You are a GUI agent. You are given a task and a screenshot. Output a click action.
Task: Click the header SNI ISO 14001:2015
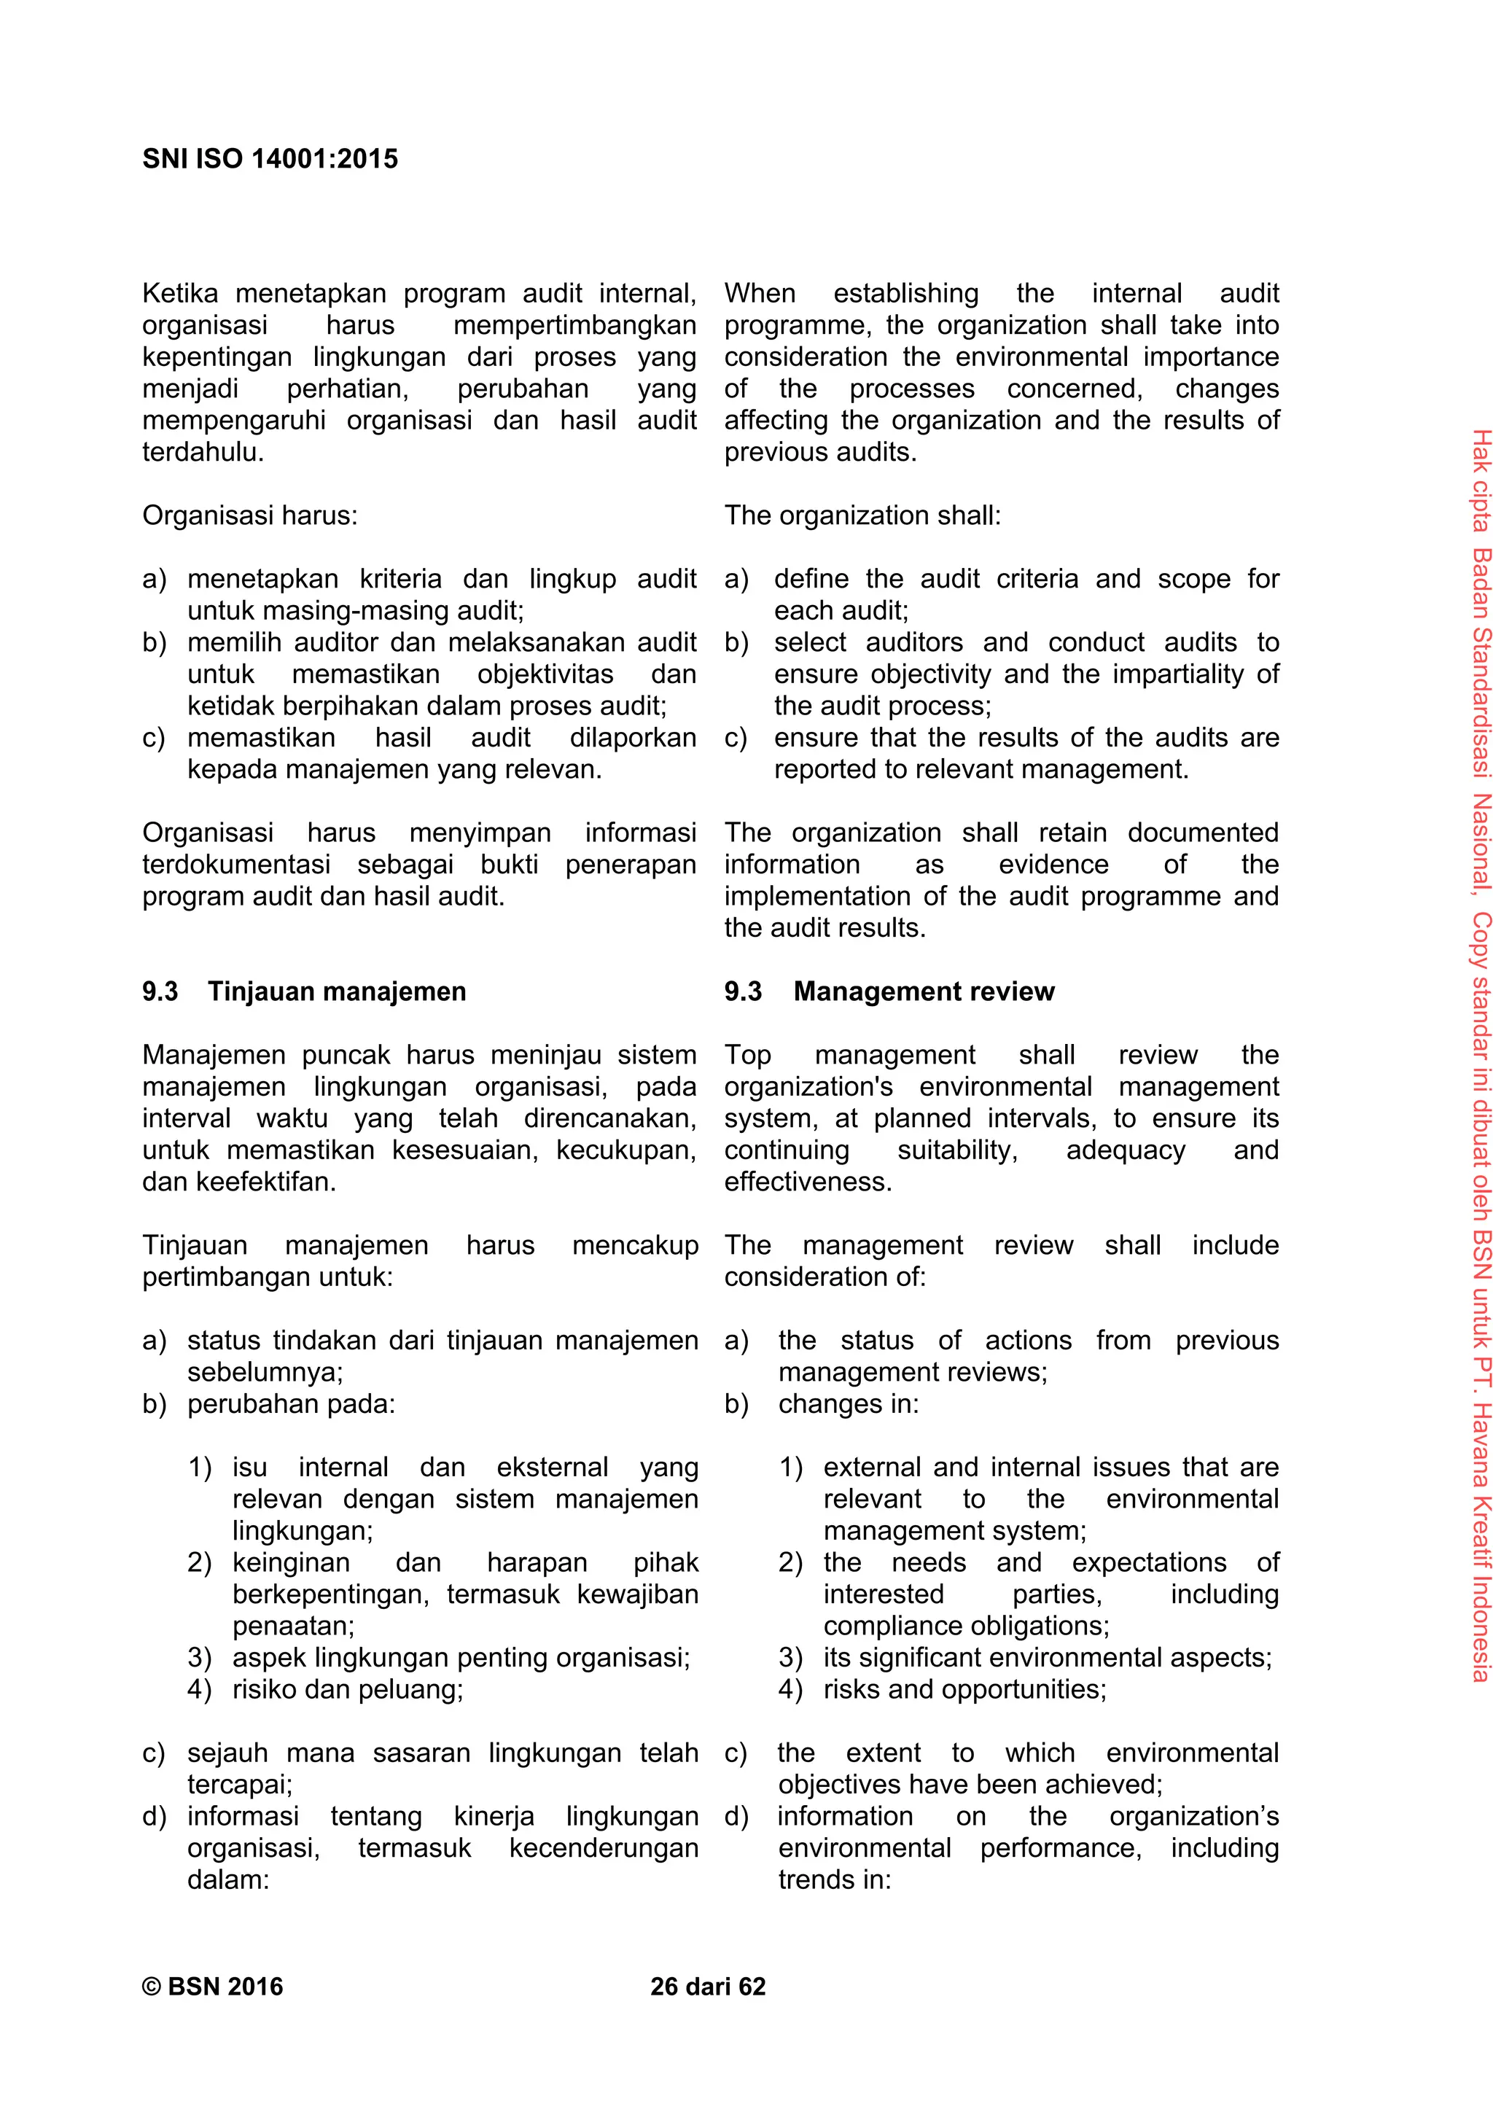click(x=270, y=159)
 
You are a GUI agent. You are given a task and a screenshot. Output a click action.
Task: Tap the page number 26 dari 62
click(x=707, y=1986)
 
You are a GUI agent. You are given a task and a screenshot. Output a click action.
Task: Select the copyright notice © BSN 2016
click(x=212, y=1986)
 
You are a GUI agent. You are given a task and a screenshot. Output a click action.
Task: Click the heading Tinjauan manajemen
click(x=337, y=991)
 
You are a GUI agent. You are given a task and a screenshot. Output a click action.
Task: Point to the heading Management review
click(x=924, y=991)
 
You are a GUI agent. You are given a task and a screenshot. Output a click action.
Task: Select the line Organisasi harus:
click(x=249, y=515)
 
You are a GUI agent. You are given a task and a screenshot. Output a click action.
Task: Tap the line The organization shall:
click(x=862, y=515)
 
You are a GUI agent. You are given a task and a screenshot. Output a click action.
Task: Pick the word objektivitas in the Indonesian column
click(x=545, y=674)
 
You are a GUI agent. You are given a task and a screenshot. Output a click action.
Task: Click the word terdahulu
click(x=203, y=452)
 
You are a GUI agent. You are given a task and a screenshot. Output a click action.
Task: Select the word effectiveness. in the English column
click(x=808, y=1181)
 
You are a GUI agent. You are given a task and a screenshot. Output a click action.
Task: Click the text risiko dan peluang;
click(x=348, y=1689)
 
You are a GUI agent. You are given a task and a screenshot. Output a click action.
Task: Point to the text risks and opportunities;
click(x=964, y=1689)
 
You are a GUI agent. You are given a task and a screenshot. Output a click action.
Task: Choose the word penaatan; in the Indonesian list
click(x=292, y=1626)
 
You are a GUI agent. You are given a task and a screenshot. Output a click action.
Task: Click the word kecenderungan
click(x=604, y=1847)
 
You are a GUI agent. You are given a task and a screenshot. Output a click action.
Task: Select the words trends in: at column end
click(x=835, y=1879)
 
